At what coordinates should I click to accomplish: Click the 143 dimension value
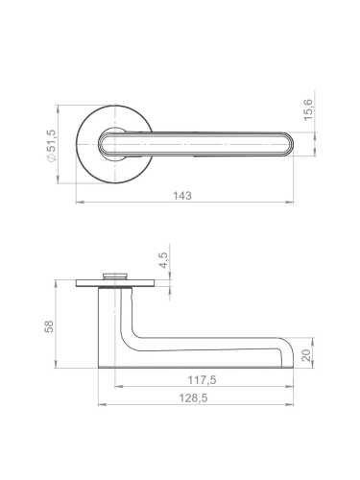pyautogui.click(x=182, y=195)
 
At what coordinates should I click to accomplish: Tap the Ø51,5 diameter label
pyautogui.click(x=51, y=146)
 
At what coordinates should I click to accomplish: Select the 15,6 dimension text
pyautogui.click(x=307, y=109)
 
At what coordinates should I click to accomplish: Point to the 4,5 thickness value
pyautogui.click(x=163, y=260)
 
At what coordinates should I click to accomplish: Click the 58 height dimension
pyautogui.click(x=50, y=326)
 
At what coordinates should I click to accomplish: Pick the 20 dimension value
pyautogui.click(x=306, y=355)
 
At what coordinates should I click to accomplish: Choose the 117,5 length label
pyautogui.click(x=202, y=380)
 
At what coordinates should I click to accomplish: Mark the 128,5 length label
pyautogui.click(x=193, y=397)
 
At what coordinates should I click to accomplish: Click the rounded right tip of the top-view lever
pyautogui.click(x=293, y=144)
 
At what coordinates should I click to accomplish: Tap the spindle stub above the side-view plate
pyautogui.click(x=114, y=276)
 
